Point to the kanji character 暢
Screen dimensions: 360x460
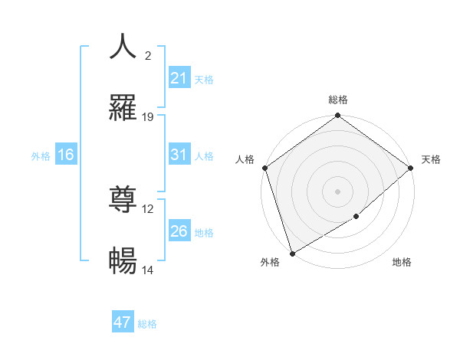(x=123, y=262)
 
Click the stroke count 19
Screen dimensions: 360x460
(x=148, y=117)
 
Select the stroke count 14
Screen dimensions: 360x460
(x=148, y=270)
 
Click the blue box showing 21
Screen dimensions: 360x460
(x=179, y=77)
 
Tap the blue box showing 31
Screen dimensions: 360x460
(x=179, y=155)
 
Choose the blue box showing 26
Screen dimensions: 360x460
(x=179, y=231)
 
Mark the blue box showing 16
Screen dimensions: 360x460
(x=66, y=155)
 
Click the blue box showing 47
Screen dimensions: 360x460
(x=123, y=322)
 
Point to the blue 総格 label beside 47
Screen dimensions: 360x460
(x=147, y=324)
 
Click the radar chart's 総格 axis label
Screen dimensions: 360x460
(x=338, y=100)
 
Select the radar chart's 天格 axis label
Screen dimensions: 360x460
(x=431, y=159)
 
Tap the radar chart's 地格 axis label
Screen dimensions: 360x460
(x=402, y=263)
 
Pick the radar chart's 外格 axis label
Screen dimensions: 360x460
(x=270, y=263)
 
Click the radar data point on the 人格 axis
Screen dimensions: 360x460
(x=264, y=168)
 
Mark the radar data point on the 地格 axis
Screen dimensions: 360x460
(x=356, y=217)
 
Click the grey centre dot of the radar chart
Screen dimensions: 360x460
(x=337, y=191)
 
